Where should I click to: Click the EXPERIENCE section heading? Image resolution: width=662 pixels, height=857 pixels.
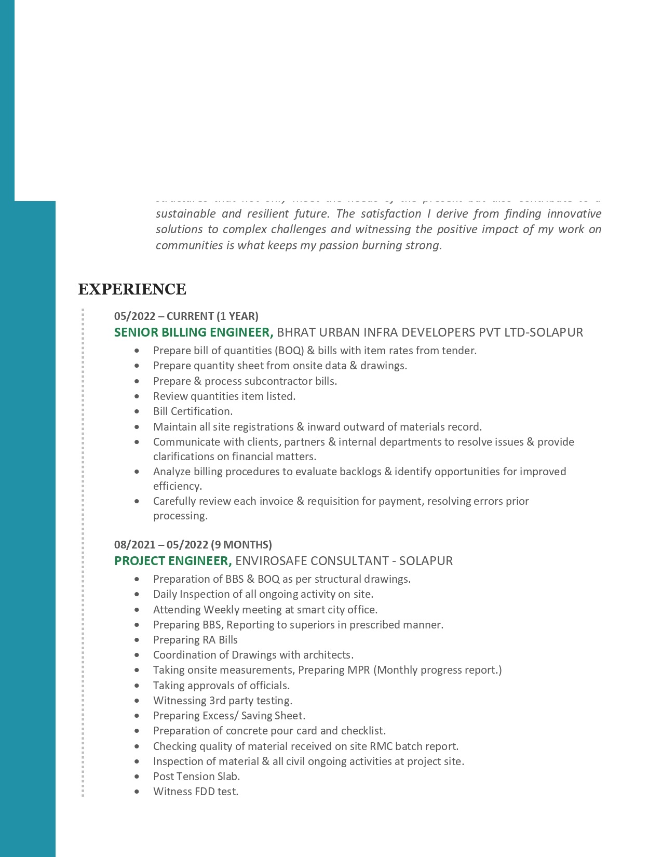(132, 289)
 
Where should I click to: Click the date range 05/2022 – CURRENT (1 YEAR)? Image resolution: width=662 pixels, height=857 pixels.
(186, 316)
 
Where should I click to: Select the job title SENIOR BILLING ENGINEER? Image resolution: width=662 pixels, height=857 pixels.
(193, 332)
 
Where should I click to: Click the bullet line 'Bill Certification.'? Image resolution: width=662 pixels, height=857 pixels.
(193, 411)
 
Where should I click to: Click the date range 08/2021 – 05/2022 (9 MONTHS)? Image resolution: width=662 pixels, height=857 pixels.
(193, 545)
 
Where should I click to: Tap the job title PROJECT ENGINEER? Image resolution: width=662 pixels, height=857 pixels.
(172, 561)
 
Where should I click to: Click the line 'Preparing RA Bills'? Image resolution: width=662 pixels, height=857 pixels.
(195, 640)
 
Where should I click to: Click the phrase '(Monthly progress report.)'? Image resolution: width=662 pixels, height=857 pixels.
(437, 670)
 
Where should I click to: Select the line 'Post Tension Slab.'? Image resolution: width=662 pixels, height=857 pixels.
(196, 776)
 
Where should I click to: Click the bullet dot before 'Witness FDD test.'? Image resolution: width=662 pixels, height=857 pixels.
(137, 792)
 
